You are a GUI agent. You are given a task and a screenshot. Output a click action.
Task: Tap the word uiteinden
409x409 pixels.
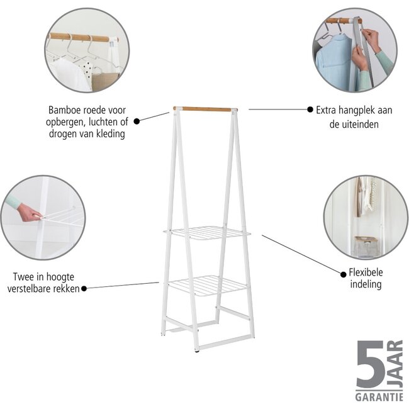pyautogui.click(x=361, y=125)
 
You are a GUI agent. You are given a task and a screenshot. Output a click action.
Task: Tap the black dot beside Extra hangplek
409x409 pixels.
pyautogui.click(x=310, y=109)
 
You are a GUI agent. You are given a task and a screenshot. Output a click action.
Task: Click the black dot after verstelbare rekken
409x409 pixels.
pyautogui.click(x=84, y=288)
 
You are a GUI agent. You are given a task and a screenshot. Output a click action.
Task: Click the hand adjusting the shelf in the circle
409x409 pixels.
pyautogui.click(x=28, y=213)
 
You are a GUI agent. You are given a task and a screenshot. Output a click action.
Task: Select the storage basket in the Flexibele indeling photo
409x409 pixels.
pyautogui.click(x=366, y=245)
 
